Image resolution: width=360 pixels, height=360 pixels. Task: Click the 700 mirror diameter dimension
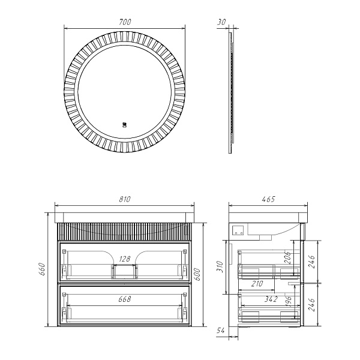(x=125, y=22)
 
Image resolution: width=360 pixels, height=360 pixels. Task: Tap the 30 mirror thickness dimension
(x=221, y=22)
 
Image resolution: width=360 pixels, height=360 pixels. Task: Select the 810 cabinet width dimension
(x=125, y=199)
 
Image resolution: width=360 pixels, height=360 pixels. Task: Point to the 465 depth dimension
(x=268, y=199)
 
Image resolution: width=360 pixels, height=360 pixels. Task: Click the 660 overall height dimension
(x=43, y=269)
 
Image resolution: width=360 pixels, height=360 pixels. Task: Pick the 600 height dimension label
(x=197, y=275)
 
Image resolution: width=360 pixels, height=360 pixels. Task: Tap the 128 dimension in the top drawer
(x=125, y=259)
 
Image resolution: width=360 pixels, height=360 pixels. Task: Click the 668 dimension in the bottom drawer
(x=125, y=299)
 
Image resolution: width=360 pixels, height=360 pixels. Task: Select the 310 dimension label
(x=220, y=266)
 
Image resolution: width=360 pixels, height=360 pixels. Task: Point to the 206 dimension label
(x=289, y=257)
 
